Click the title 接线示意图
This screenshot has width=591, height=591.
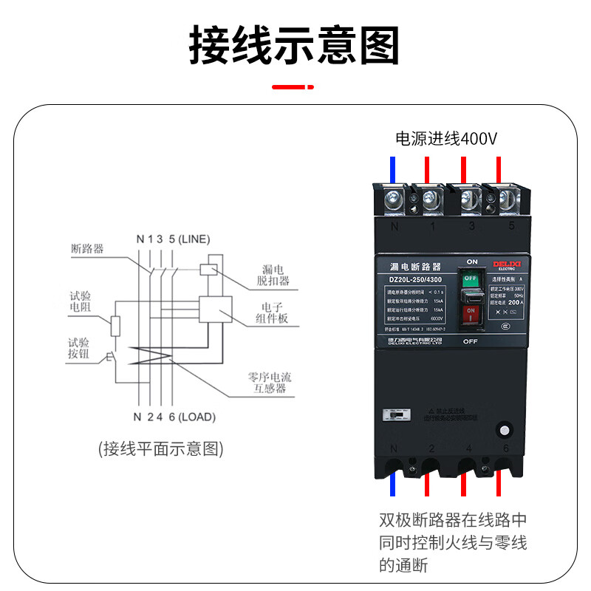pyautogui.click(x=295, y=46)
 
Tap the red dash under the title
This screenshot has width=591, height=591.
pyautogui.click(x=294, y=87)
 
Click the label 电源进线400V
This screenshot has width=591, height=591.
pyautogui.click(x=447, y=138)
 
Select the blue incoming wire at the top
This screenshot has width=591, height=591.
pyautogui.click(x=393, y=169)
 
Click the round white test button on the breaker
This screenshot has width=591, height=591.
pyautogui.click(x=505, y=431)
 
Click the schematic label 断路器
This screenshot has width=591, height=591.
pyautogui.click(x=87, y=249)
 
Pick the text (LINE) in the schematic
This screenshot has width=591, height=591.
pyautogui.click(x=194, y=239)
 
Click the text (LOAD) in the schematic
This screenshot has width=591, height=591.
pyautogui.click(x=197, y=417)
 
